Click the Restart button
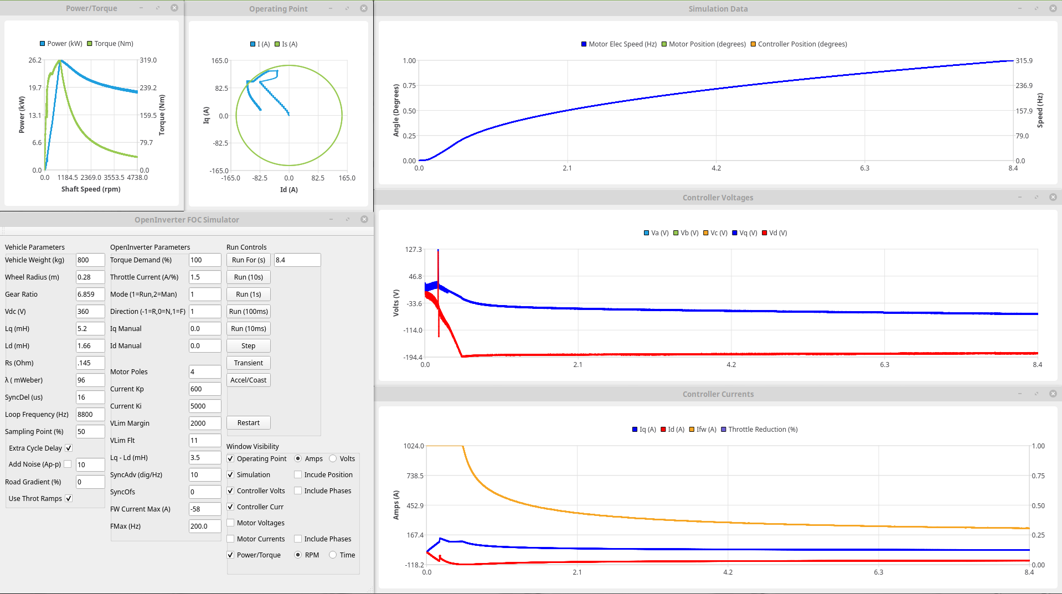click(248, 423)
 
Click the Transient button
click(248, 363)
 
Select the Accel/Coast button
click(248, 380)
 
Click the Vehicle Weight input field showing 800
click(90, 260)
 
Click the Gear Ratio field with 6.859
click(90, 295)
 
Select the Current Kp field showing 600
click(204, 389)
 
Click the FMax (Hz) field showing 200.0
click(204, 526)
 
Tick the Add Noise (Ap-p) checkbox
click(68, 464)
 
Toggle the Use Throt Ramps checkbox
click(69, 499)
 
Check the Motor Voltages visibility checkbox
click(230, 523)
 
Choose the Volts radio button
click(333, 459)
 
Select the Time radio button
click(333, 555)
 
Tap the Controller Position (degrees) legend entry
click(802, 44)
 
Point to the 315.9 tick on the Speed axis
click(1024, 61)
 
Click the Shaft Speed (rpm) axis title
click(91, 189)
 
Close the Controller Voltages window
click(1053, 198)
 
